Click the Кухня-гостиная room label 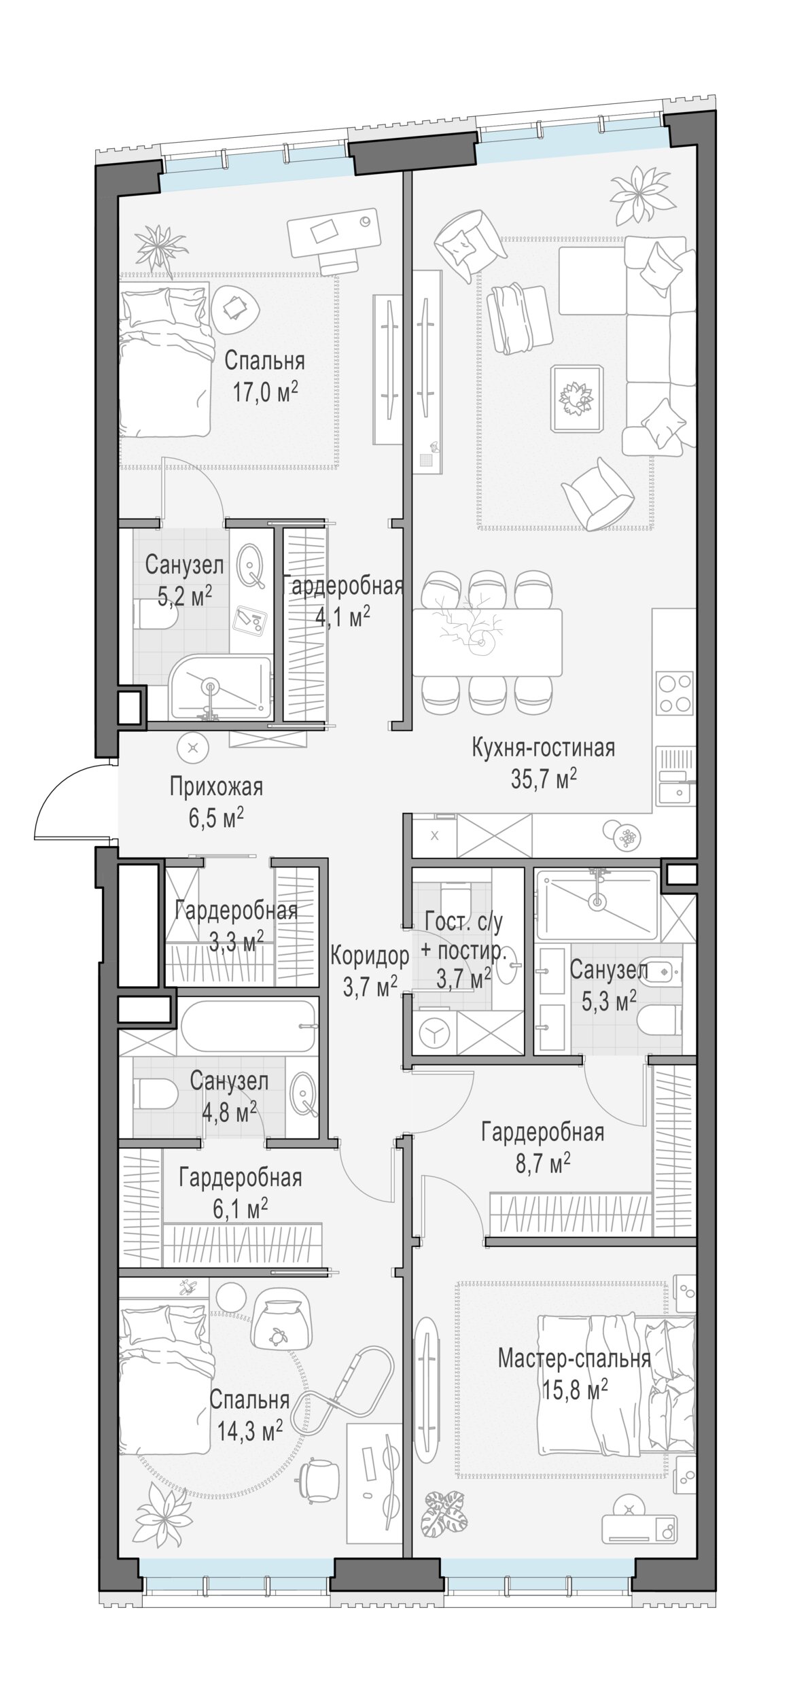coord(543,748)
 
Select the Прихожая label coord(216,787)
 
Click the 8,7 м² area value coord(542,1163)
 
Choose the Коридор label coord(370,956)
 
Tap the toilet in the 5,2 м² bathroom coord(156,616)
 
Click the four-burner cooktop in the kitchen coord(675,693)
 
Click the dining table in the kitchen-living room coord(487,642)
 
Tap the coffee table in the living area coord(578,398)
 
